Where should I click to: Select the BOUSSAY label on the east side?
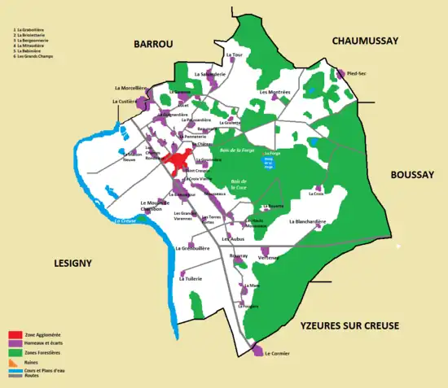pos(413,173)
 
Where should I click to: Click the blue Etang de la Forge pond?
pos(269,162)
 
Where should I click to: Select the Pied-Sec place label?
pos(356,73)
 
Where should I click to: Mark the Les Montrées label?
pos(275,92)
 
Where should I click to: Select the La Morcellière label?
pos(128,87)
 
